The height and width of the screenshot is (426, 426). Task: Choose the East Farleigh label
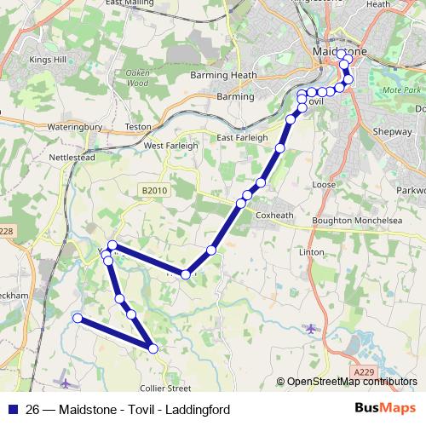[x=242, y=137]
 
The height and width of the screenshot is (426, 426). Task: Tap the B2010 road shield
[x=154, y=190]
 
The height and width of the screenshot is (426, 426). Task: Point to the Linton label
[x=312, y=253]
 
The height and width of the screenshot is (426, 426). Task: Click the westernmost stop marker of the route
[x=77, y=319]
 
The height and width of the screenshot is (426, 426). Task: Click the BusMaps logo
[x=387, y=409]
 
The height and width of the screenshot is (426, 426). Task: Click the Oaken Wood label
[x=137, y=78]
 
